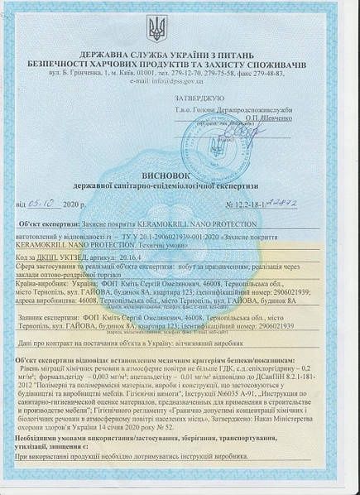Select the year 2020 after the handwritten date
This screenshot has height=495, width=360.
70,203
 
